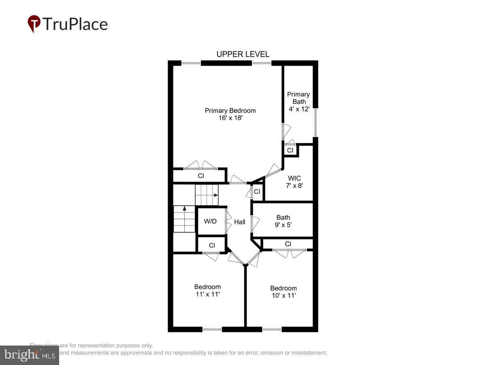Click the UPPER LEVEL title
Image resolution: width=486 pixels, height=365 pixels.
click(x=243, y=54)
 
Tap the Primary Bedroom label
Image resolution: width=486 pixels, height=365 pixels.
click(x=230, y=110)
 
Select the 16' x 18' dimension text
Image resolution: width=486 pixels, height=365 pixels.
click(x=230, y=118)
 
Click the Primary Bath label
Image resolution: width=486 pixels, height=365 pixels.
click(x=298, y=98)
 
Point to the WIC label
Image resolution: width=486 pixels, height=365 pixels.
click(x=294, y=178)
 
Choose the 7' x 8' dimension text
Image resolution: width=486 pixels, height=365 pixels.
click(x=294, y=185)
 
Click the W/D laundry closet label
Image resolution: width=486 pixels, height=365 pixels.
click(x=210, y=221)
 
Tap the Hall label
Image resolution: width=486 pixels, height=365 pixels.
click(x=240, y=222)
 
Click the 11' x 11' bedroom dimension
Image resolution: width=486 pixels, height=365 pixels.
click(x=207, y=294)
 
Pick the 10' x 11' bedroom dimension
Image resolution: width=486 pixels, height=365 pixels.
click(x=283, y=296)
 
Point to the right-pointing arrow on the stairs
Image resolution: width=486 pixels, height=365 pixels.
click(x=215, y=195)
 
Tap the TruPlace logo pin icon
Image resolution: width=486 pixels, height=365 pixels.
click(x=34, y=24)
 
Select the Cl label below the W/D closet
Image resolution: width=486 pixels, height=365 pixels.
click(x=211, y=245)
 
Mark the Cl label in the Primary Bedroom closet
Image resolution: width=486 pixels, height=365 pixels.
click(x=200, y=176)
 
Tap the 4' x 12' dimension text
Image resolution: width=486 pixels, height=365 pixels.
click(x=299, y=109)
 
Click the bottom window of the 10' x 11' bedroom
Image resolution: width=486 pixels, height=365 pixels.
click(x=272, y=329)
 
